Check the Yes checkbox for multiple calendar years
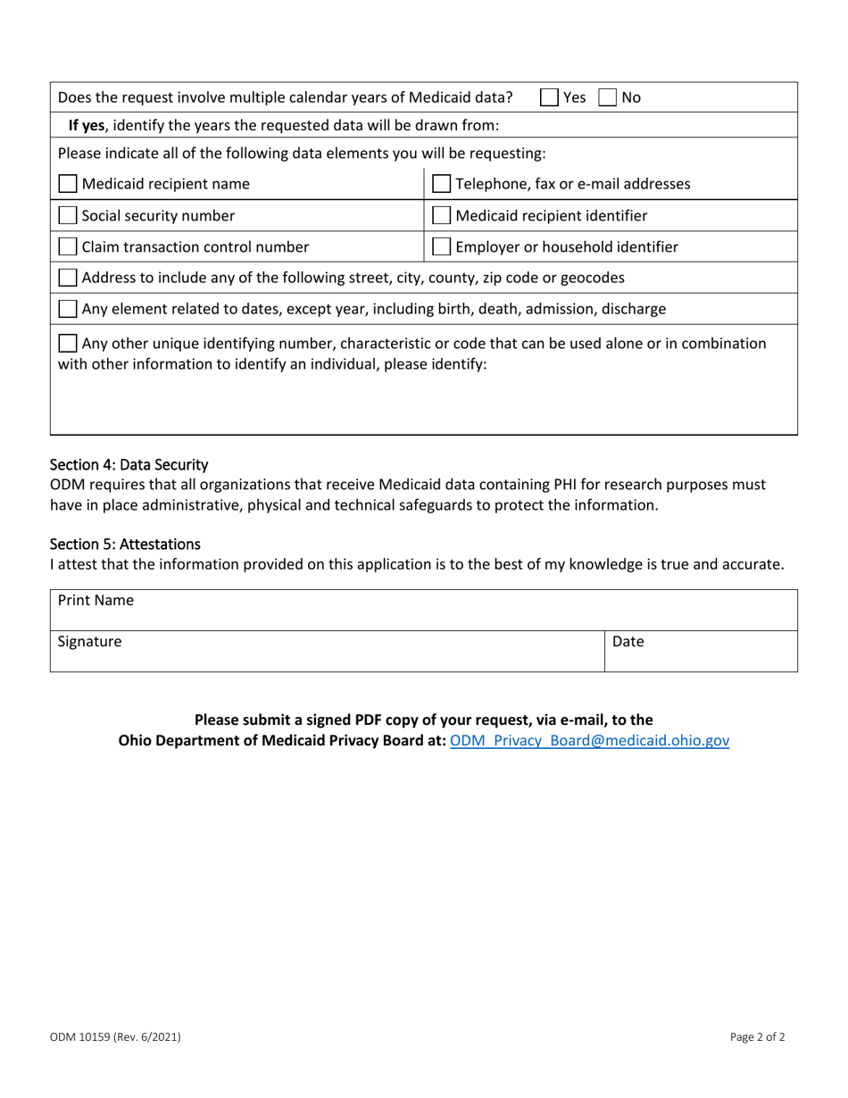click(x=551, y=96)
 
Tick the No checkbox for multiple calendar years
click(x=606, y=96)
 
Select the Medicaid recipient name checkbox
click(x=68, y=185)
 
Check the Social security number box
click(x=68, y=215)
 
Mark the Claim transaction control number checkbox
click(x=68, y=246)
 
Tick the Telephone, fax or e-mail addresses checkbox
click(x=442, y=185)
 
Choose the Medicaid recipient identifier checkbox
click(x=442, y=215)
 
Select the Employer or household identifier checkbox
click(x=442, y=246)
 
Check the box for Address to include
click(x=68, y=278)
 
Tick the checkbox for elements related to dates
click(x=68, y=309)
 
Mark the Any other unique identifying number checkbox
click(x=68, y=343)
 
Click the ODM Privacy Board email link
click(x=590, y=741)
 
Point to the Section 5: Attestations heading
click(x=126, y=544)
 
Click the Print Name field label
click(x=96, y=601)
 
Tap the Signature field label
click(x=90, y=641)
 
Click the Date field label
click(x=628, y=641)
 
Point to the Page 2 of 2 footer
click(x=758, y=1037)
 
